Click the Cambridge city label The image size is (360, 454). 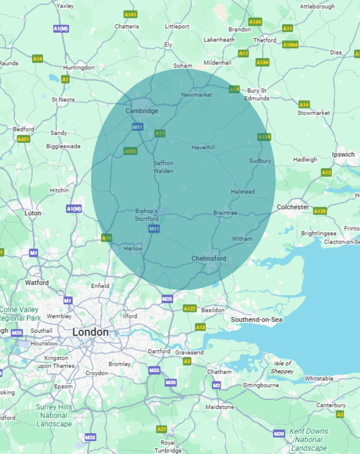[142, 111]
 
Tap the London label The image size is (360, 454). [90, 332]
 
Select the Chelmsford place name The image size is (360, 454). [209, 259]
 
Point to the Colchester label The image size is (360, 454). [293, 207]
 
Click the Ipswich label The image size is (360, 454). [343, 154]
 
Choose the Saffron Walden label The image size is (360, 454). [163, 167]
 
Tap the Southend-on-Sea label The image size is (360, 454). [256, 320]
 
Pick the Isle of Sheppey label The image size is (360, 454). [282, 367]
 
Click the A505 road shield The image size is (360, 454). [130, 151]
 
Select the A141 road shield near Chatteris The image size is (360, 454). [130, 15]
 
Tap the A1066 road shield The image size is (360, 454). [290, 45]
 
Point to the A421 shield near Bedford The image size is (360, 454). [23, 139]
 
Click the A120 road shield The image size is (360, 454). [320, 211]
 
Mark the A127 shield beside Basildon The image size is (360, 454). [190, 309]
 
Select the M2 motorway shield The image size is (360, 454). [216, 385]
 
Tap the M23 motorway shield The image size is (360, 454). [90, 437]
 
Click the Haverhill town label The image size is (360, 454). [203, 147]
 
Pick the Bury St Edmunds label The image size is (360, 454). [257, 95]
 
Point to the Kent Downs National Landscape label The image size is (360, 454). [309, 439]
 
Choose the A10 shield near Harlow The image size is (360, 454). [107, 238]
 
